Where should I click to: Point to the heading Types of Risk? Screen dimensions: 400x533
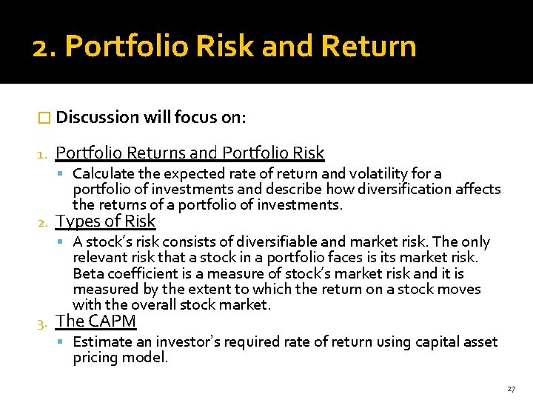pyautogui.click(x=106, y=221)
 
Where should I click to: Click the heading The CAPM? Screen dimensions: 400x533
pyautogui.click(x=96, y=321)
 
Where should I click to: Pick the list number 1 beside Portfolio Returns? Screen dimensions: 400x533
pyautogui.click(x=42, y=154)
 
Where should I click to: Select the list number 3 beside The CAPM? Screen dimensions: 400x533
pyautogui.click(x=43, y=322)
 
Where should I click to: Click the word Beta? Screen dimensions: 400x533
pyautogui.click(x=88, y=273)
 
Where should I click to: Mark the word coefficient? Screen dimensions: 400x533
pyautogui.click(x=141, y=273)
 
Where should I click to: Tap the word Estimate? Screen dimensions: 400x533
pyautogui.click(x=100, y=341)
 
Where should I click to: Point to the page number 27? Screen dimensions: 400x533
pyautogui.click(x=511, y=388)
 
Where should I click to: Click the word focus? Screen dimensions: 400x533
pyautogui.click(x=193, y=117)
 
